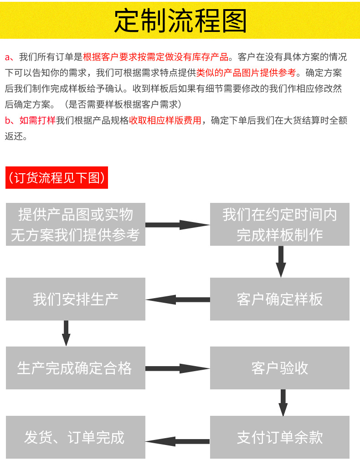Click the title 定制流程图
tap(180, 21)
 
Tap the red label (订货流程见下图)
tap(57, 178)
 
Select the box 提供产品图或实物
tap(76, 224)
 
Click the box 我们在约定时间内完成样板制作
tap(279, 224)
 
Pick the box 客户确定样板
tap(279, 299)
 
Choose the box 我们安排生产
tap(76, 299)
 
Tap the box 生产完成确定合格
tap(76, 368)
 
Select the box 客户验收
tap(279, 368)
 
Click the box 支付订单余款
tap(279, 437)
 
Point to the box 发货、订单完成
tap(76, 437)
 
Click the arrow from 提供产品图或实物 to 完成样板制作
tap(177, 224)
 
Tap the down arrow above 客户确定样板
tap(281, 261)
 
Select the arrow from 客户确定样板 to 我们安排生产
tap(178, 300)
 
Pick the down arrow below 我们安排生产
tap(66, 333)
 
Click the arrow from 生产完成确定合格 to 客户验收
tap(177, 368)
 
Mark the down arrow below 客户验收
tap(283, 402)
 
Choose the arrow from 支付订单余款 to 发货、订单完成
tap(178, 441)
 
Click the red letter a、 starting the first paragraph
tap(10, 57)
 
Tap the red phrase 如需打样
tap(37, 120)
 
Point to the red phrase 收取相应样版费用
tap(165, 120)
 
